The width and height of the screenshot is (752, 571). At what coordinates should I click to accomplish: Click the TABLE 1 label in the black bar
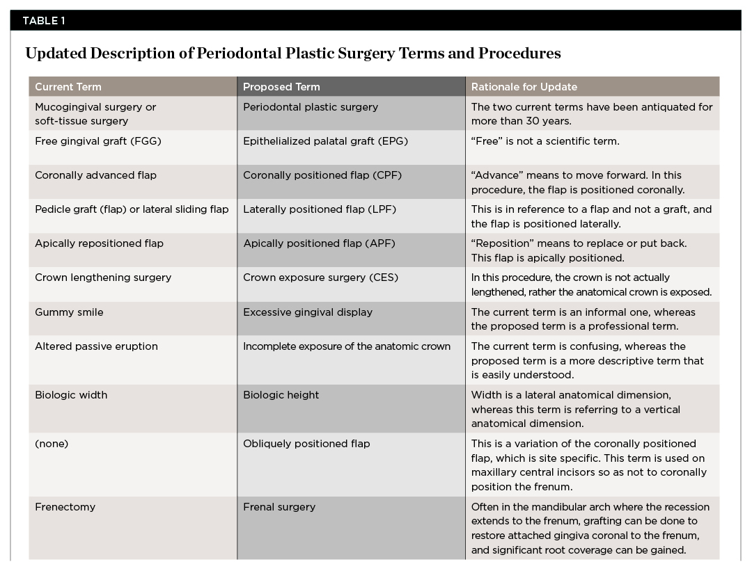tap(44, 20)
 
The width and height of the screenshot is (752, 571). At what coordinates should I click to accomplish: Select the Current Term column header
tap(68, 87)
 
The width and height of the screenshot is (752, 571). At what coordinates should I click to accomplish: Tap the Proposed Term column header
tap(281, 87)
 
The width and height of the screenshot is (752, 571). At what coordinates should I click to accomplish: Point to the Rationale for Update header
tap(524, 87)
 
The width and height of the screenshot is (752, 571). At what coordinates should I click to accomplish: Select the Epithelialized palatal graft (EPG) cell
tap(325, 141)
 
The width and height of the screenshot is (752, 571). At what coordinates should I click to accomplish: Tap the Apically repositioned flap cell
tap(99, 243)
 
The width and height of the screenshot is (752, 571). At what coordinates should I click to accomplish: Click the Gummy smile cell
tap(69, 312)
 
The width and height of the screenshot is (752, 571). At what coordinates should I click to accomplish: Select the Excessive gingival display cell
tap(308, 312)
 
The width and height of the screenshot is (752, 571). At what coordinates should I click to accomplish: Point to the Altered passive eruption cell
tap(96, 346)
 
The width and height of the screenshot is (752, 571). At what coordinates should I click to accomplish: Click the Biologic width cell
tap(71, 395)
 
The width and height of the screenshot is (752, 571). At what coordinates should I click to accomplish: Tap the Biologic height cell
tap(281, 395)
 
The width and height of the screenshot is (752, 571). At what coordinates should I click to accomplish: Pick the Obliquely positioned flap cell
tap(306, 444)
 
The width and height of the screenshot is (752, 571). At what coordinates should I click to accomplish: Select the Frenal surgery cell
tap(279, 507)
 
